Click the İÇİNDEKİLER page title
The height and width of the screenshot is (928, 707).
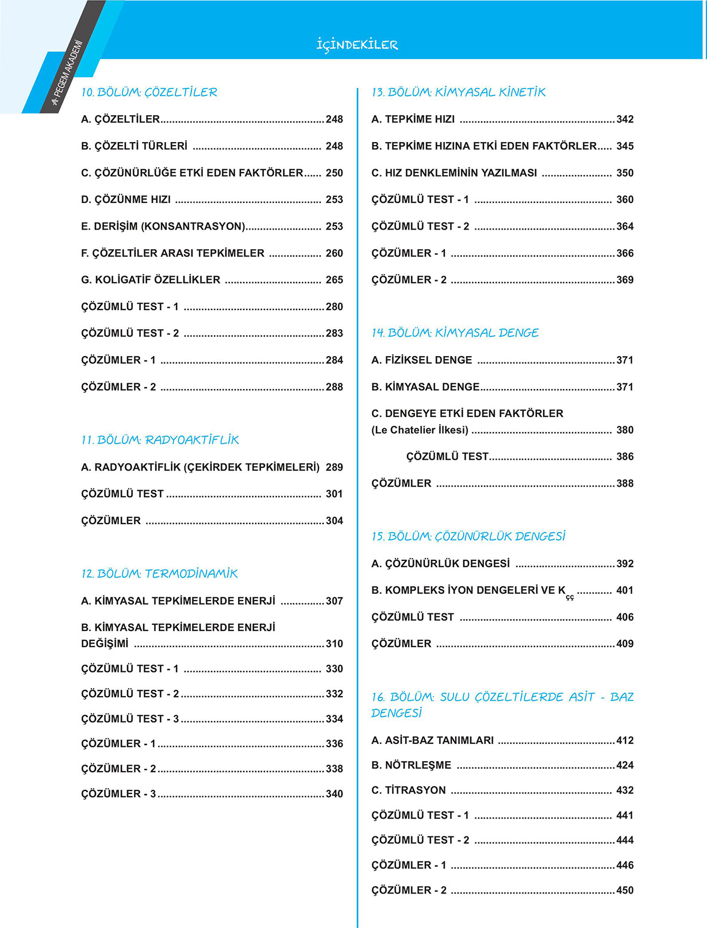tap(357, 45)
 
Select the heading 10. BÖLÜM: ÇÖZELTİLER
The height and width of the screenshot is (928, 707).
tap(149, 92)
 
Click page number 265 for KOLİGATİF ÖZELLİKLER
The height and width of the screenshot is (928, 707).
tap(334, 280)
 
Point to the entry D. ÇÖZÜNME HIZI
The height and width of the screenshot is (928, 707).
tap(126, 200)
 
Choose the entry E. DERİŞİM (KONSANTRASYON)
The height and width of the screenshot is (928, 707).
tap(163, 226)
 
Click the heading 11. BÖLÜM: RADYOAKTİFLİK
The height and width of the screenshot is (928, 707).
tap(160, 440)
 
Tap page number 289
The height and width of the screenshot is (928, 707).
tap(334, 467)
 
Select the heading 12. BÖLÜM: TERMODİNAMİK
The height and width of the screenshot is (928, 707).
tap(159, 574)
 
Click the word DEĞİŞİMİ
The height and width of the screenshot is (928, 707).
tap(105, 644)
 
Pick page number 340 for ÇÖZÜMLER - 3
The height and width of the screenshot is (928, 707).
tap(334, 794)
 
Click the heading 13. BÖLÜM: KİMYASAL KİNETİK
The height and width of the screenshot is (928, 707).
tap(458, 92)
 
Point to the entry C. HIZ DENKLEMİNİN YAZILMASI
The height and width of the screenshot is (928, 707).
tap(454, 173)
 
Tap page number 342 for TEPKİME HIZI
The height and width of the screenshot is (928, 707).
tap(625, 119)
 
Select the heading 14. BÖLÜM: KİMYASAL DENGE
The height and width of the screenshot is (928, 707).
tap(455, 333)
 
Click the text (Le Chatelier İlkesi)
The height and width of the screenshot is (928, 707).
tap(420, 430)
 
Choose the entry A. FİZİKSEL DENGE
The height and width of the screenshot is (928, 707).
tap(421, 360)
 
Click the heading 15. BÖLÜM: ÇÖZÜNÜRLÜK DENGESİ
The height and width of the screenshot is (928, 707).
tap(468, 536)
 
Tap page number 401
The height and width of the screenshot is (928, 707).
tap(625, 590)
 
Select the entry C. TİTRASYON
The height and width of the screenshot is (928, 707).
tap(408, 790)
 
